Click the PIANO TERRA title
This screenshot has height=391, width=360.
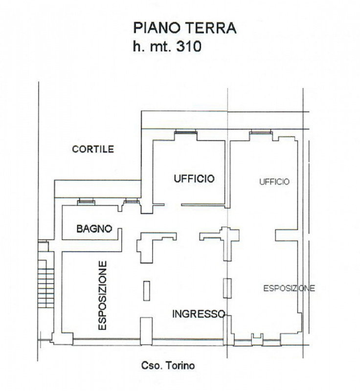point(184,28)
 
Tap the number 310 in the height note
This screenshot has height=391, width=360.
point(187,47)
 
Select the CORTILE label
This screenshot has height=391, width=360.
point(93,149)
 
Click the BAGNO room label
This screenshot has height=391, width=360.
point(94,229)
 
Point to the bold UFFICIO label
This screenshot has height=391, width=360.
point(194,179)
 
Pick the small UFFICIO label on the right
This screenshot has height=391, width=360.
point(274,182)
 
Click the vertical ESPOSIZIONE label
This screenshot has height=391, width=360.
point(103,296)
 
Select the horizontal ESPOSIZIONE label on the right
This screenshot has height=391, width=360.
point(289,288)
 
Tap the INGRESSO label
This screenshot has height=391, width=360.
point(199,314)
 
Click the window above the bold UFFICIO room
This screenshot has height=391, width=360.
point(186,131)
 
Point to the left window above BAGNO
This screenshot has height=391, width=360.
point(86,201)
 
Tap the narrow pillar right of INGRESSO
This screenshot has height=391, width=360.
point(226,287)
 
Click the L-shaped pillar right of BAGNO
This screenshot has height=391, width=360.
point(152,243)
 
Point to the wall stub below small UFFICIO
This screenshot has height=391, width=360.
point(287,235)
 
